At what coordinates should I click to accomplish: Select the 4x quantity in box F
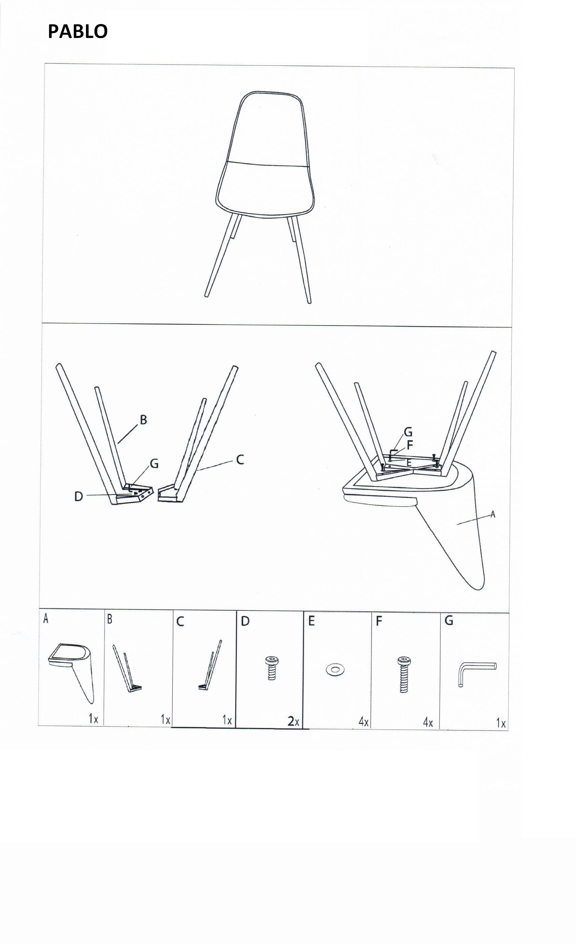click(428, 723)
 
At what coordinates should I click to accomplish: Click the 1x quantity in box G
click(500, 723)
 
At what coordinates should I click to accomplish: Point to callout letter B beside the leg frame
click(143, 420)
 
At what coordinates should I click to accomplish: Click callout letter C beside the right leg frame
click(240, 460)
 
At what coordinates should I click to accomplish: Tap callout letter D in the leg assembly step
click(79, 497)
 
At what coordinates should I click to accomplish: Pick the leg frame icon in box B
click(127, 668)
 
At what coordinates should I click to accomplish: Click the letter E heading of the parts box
click(311, 621)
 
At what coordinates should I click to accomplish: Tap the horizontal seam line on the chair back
click(269, 164)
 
